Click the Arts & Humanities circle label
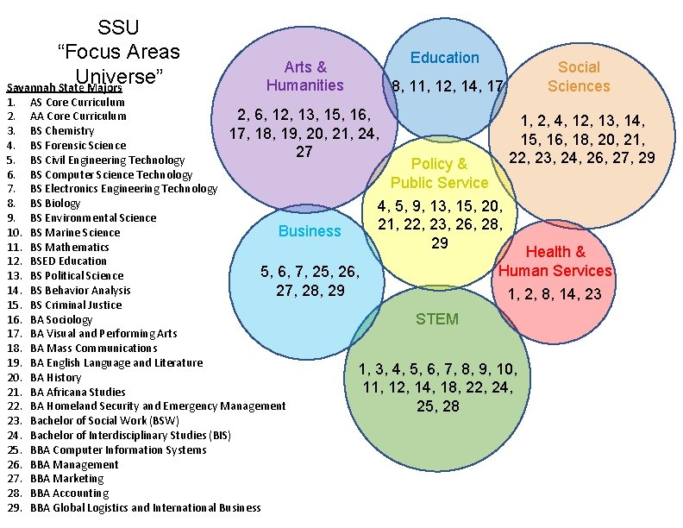(304, 76)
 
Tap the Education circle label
(444, 58)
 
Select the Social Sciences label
(578, 76)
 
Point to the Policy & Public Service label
(439, 173)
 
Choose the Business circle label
(310, 231)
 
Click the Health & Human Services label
(555, 261)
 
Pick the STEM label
(437, 318)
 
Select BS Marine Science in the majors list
(75, 232)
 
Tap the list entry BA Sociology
(61, 319)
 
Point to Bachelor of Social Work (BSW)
(104, 420)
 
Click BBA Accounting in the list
(69, 493)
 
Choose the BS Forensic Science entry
(78, 145)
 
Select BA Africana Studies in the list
(78, 392)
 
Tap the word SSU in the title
(118, 28)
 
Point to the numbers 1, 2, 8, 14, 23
(555, 294)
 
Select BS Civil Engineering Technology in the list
(107, 160)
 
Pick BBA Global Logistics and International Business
(145, 507)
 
